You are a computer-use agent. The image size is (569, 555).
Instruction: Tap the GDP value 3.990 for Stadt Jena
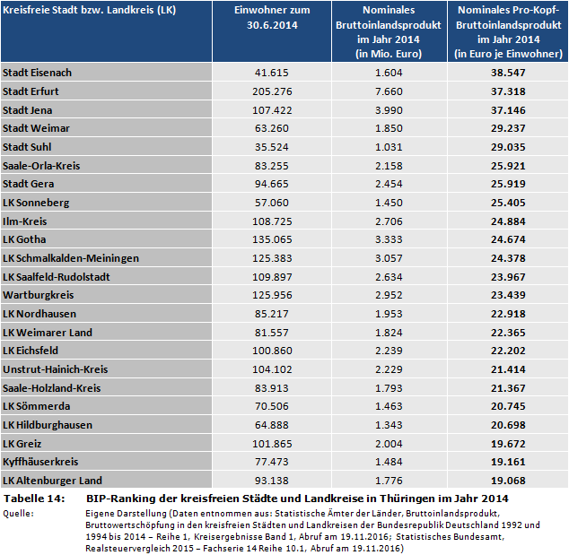click(x=389, y=109)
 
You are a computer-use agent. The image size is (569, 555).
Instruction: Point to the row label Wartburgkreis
click(x=39, y=295)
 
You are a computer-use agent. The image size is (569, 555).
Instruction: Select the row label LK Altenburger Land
click(x=53, y=480)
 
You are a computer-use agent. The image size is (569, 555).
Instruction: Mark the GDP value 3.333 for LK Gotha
click(x=389, y=239)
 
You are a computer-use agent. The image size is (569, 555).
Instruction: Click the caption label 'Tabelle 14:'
click(x=34, y=498)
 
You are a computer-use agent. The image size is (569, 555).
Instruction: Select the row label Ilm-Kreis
click(x=25, y=221)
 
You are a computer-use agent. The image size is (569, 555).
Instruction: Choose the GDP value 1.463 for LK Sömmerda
click(x=389, y=406)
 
